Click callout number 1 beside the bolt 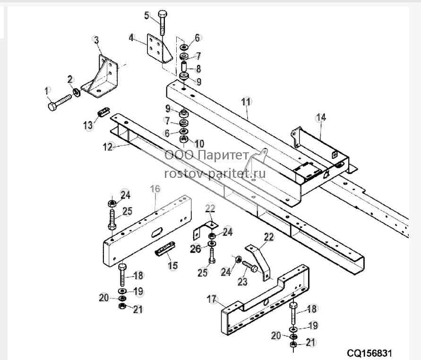pos(47,91)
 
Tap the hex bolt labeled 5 pos(163,23)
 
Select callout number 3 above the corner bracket pos(96,40)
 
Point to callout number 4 pos(131,38)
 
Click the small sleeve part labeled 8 pos(184,66)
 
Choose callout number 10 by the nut pos(199,144)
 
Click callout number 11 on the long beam pos(246,102)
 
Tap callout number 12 pos(108,147)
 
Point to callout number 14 pos(321,117)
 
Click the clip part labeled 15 pos(165,249)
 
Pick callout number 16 pos(155,189)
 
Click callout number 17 pos(212,299)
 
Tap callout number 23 pos(242,281)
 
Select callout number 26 pos(196,249)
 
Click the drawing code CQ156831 pos(369,353)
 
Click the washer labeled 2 pos(76,93)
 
